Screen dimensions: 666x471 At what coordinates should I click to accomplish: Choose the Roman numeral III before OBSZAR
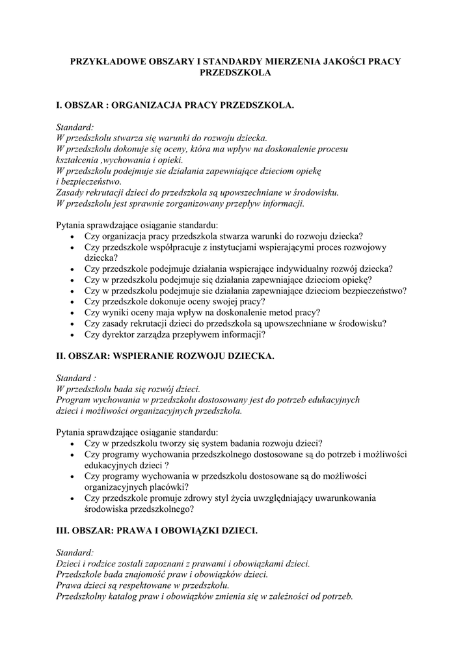tap(62, 531)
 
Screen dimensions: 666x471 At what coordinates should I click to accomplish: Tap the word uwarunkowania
tap(340, 498)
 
